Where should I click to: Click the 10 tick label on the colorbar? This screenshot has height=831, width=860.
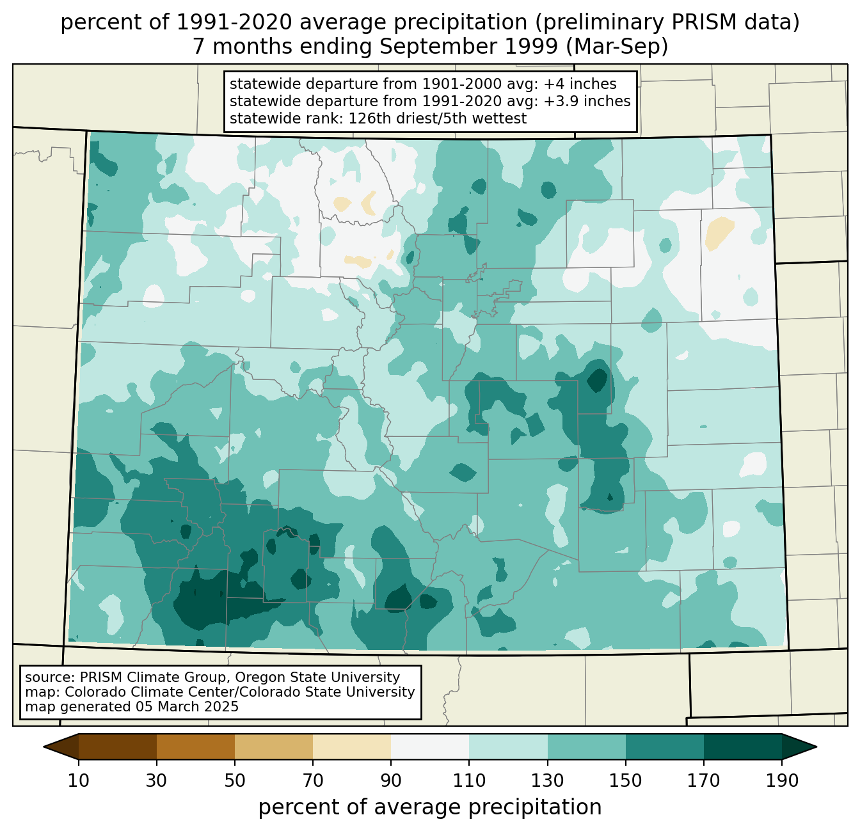[x=78, y=781]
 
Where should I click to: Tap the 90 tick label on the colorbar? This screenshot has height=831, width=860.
[x=391, y=781]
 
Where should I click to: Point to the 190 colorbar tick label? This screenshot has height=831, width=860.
[x=781, y=781]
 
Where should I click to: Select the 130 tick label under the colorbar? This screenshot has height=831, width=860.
[x=547, y=781]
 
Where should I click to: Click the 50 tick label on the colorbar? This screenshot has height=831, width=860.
[x=235, y=781]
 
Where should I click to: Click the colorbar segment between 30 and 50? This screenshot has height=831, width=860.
[x=196, y=747]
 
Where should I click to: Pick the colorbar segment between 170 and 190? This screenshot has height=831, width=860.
[x=742, y=747]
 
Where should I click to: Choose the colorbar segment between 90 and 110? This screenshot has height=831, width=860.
[x=430, y=747]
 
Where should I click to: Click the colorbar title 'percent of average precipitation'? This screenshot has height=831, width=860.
[x=430, y=807]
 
